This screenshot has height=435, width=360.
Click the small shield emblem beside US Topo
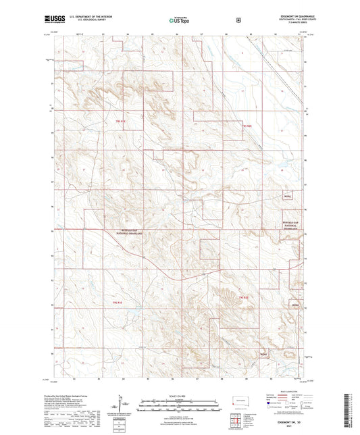coord(238,20)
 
